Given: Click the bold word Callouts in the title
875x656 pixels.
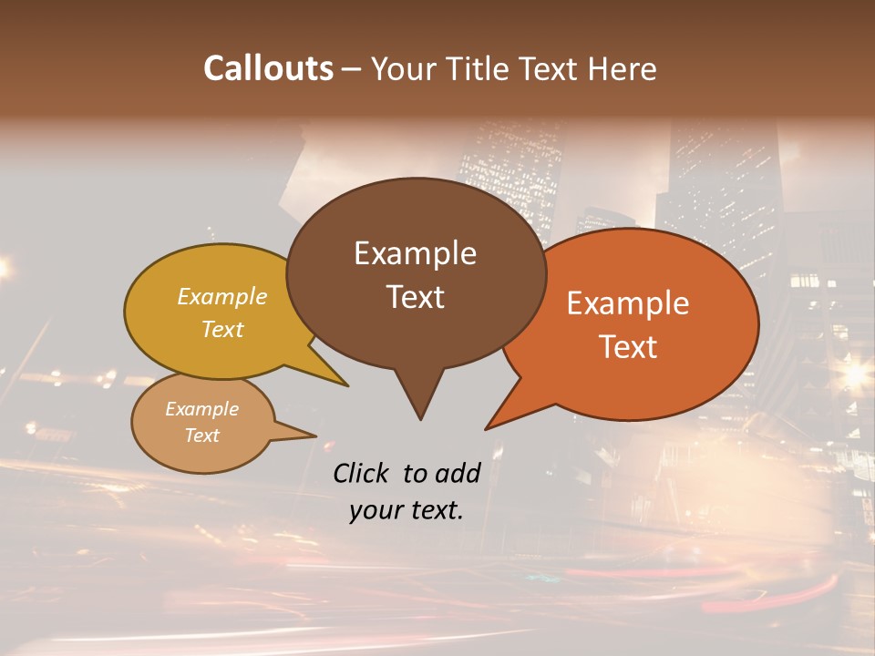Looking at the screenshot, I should click(268, 68).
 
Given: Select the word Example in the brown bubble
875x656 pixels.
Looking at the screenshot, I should click(415, 253).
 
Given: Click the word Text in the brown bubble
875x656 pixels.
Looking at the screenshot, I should click(415, 297).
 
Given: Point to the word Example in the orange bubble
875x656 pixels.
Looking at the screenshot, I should click(628, 303).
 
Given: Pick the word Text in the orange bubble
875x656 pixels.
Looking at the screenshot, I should click(628, 347).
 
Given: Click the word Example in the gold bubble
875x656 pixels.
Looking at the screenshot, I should click(222, 297).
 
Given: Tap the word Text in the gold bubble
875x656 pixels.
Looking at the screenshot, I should click(222, 329).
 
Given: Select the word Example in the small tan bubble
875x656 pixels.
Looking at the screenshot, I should click(201, 409).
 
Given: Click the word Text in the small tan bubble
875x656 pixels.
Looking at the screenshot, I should click(201, 436).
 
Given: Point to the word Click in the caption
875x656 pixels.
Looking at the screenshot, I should click(363, 473).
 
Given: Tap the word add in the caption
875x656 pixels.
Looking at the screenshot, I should click(458, 473).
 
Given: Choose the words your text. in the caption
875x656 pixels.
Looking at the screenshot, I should click(407, 510).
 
